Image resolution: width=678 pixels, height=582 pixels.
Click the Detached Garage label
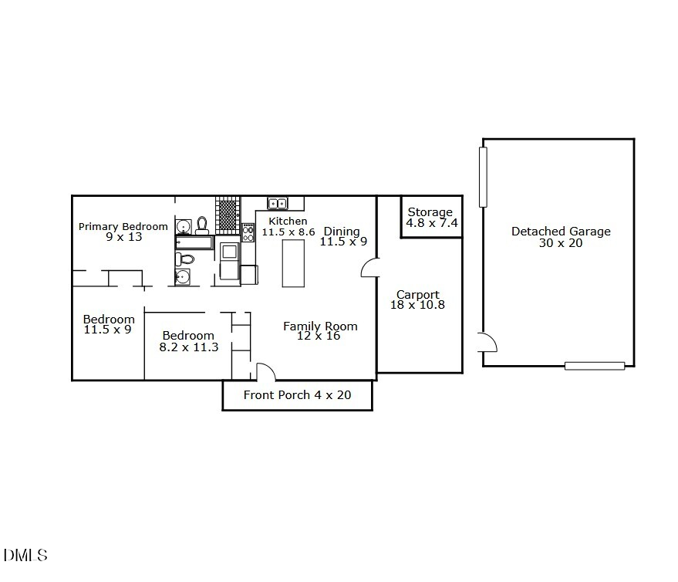tap(561, 231)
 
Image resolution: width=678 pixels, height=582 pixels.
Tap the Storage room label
tap(430, 212)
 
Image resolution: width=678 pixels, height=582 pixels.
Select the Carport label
tap(417, 294)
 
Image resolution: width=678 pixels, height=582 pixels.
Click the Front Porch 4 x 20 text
tap(297, 395)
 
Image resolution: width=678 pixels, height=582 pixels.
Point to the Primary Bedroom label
tap(123, 226)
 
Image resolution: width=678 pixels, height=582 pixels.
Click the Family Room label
tap(320, 326)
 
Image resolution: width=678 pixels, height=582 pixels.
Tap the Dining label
tap(342, 232)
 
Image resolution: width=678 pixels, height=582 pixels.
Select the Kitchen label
tap(288, 222)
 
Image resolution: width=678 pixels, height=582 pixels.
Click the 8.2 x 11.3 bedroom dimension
tap(188, 347)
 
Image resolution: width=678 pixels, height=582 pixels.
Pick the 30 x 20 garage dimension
tap(561, 243)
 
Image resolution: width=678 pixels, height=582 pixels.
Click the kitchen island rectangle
tap(293, 263)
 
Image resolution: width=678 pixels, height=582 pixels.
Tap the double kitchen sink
tap(277, 204)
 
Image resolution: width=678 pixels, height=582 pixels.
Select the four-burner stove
tap(248, 232)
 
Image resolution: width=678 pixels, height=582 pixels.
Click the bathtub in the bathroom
tap(194, 243)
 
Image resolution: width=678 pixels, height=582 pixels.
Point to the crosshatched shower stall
tap(227, 215)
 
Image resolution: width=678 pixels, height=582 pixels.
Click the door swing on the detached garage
tap(487, 342)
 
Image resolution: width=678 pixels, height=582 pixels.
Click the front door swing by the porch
tap(264, 371)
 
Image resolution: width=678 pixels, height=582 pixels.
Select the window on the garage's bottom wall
tap(594, 366)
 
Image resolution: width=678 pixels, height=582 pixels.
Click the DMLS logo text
tap(25, 555)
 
